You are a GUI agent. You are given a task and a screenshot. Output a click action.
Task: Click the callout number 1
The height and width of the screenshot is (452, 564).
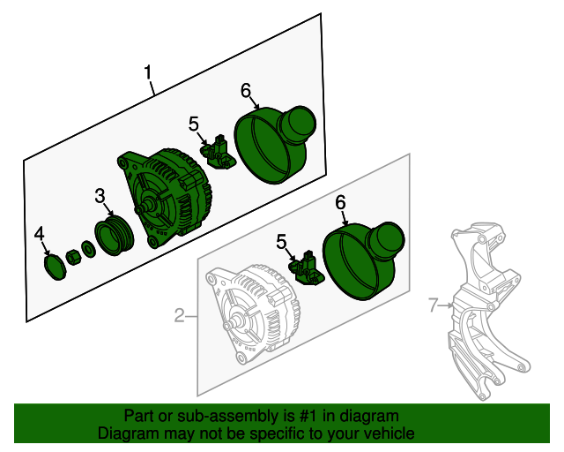click(x=148, y=72)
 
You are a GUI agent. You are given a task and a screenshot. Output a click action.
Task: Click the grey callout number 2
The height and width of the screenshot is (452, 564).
click(x=180, y=315)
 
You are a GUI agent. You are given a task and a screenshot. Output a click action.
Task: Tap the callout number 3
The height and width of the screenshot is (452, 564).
click(x=100, y=196)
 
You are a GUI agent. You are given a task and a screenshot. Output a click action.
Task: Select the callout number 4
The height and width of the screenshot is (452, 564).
click(x=39, y=234)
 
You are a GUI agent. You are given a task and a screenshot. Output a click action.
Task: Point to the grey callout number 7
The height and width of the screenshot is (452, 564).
click(x=434, y=305)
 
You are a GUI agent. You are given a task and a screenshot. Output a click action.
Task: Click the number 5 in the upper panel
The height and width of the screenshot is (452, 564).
click(x=194, y=124)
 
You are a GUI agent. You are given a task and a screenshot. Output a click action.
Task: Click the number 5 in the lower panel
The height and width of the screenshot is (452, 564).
click(x=282, y=242)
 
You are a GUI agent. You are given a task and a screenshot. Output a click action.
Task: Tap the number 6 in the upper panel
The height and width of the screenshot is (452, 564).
click(x=246, y=90)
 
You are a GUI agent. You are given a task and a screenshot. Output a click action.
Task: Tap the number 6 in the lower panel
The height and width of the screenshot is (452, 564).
click(x=340, y=202)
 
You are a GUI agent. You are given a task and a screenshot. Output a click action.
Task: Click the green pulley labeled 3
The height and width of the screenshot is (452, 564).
click(x=115, y=237)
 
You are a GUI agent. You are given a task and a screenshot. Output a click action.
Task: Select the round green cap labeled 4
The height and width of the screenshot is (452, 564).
click(x=55, y=267)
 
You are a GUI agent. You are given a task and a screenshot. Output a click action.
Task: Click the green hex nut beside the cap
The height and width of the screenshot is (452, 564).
click(x=73, y=258)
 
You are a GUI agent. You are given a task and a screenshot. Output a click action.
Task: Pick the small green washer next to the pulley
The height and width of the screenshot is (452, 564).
click(x=88, y=250)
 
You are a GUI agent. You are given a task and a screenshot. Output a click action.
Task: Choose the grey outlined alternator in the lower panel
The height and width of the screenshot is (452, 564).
click(x=253, y=313)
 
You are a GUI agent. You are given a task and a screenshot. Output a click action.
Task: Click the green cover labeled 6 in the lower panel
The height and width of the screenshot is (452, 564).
click(x=363, y=261)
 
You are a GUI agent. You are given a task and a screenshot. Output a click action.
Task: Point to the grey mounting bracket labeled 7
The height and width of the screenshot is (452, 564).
click(x=488, y=311)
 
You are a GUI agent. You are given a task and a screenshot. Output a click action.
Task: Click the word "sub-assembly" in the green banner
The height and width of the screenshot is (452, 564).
click(x=238, y=416)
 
